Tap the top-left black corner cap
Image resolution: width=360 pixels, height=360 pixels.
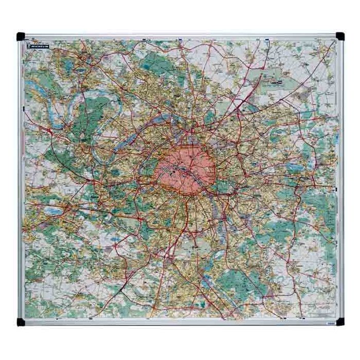pos(21,37)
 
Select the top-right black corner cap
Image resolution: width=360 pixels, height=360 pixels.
pos(340,35)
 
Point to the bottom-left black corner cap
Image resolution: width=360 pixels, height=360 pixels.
pos(21,322)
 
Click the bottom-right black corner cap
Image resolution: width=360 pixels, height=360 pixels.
pos(340,322)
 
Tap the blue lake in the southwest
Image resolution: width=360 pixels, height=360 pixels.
pos(53,211)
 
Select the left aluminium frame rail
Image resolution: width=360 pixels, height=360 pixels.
pos(21,180)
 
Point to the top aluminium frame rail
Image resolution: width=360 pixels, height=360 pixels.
pos(180,36)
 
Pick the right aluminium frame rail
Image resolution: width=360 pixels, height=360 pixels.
pos(340,180)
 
